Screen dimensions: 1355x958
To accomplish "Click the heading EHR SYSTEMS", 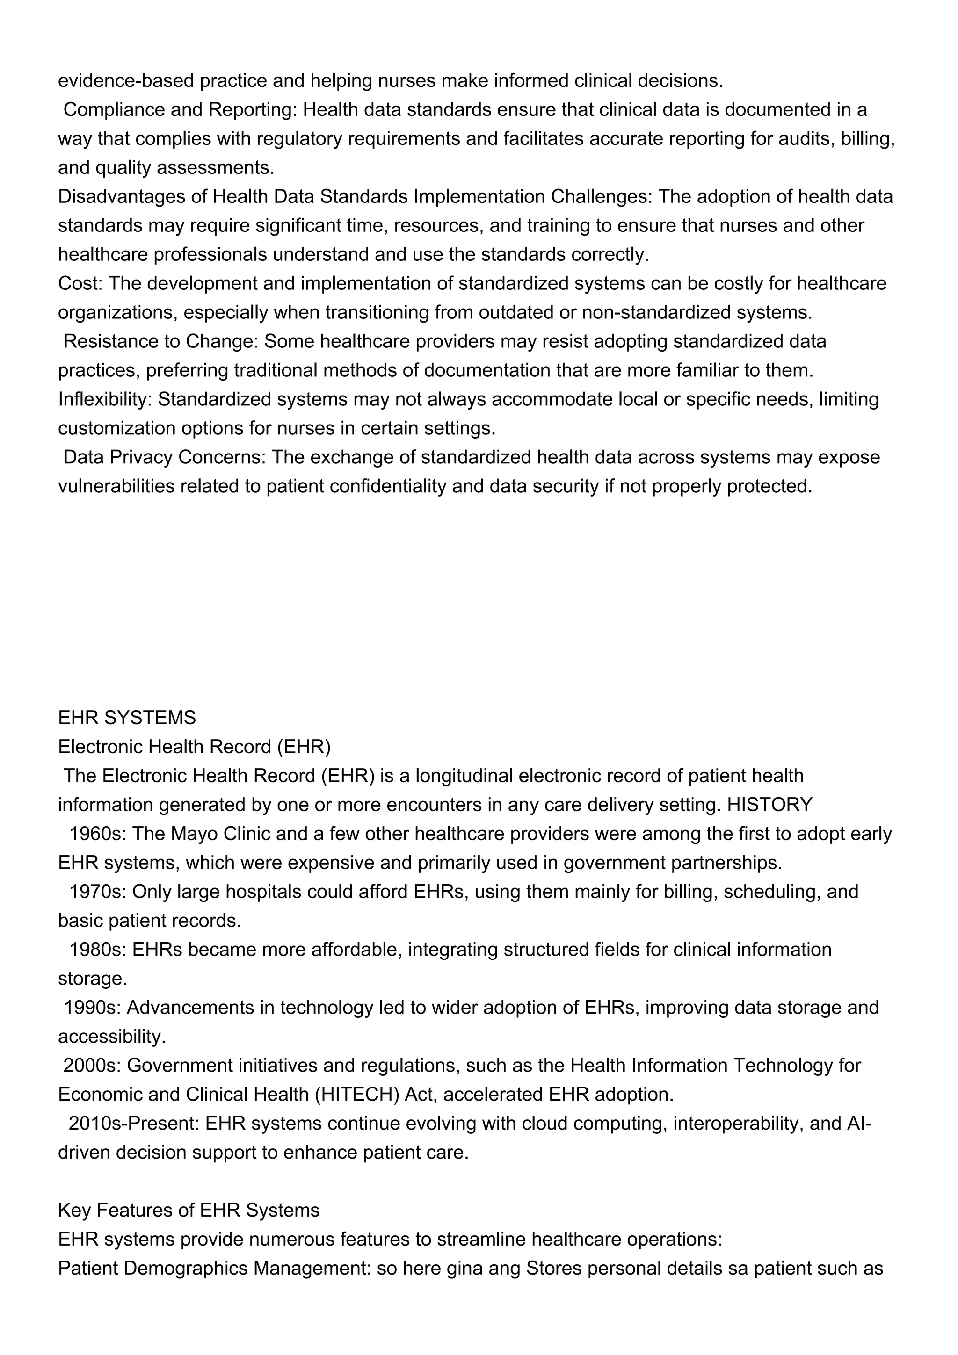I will [x=127, y=718].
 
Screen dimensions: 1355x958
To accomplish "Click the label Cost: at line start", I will [x=80, y=283].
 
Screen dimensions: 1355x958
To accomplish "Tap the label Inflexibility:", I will [x=105, y=400].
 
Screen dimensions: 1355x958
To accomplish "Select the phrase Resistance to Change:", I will [x=161, y=341].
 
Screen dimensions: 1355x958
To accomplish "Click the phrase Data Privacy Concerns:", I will [x=165, y=457].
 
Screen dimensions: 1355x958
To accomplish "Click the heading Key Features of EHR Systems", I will [x=189, y=1210].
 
